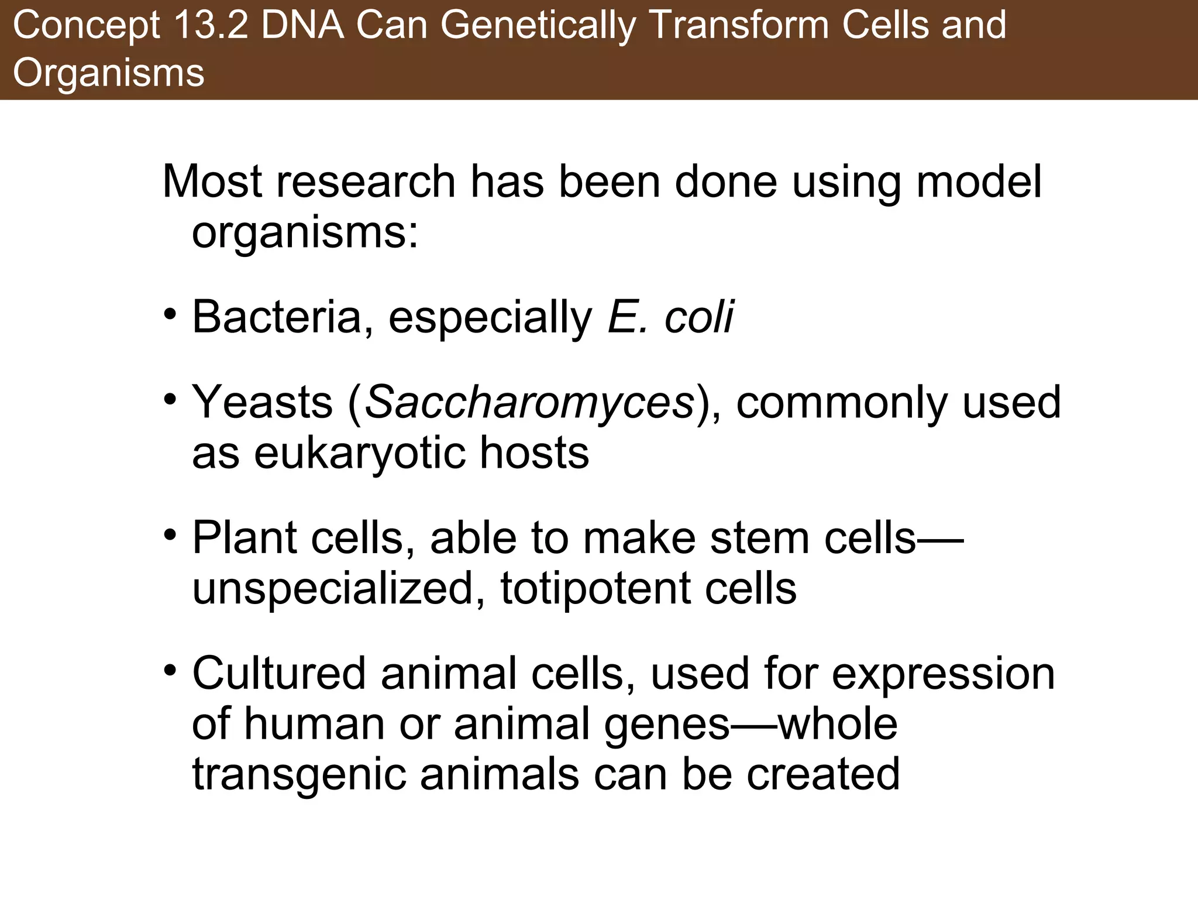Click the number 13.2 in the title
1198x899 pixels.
point(209,26)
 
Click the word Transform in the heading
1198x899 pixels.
point(739,26)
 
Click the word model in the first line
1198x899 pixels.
point(979,182)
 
